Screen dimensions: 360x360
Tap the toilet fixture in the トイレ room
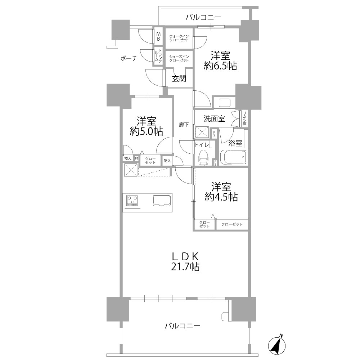pyautogui.click(x=203, y=158)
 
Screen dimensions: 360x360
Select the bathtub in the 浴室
pyautogui.click(x=233, y=157)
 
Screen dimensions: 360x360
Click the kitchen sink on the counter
pyautogui.click(x=162, y=201)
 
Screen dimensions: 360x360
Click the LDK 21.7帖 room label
pyautogui.click(x=185, y=261)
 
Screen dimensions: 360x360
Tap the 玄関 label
pyautogui.click(x=179, y=79)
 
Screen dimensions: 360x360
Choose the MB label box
pyautogui.click(x=158, y=36)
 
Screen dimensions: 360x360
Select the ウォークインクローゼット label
pyautogui.click(x=179, y=38)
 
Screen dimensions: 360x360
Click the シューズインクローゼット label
pyautogui.click(x=179, y=58)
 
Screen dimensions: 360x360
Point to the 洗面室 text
pyautogui.click(x=214, y=119)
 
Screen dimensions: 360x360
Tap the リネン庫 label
pyautogui.click(x=245, y=118)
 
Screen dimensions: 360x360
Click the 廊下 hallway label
pyautogui.click(x=184, y=125)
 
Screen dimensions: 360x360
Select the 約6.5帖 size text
pyautogui.click(x=220, y=66)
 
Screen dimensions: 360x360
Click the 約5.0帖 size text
pyautogui.click(x=147, y=131)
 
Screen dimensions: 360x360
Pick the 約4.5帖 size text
pyautogui.click(x=221, y=197)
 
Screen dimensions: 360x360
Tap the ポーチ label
pyautogui.click(x=129, y=58)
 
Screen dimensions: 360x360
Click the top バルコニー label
pyautogui.click(x=203, y=17)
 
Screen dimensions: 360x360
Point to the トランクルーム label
pyautogui.click(x=158, y=57)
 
